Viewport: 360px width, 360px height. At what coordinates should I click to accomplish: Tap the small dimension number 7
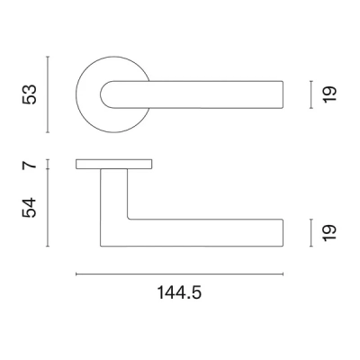[x=30, y=165]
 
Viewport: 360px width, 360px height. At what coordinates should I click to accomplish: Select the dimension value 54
[x=30, y=209]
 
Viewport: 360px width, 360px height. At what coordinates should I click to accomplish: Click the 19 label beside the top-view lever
[x=328, y=93]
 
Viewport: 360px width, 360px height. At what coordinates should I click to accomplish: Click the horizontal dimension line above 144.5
[x=180, y=274]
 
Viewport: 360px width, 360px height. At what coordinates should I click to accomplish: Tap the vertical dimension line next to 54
[x=47, y=209]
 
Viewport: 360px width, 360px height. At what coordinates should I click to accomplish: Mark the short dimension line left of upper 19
[x=310, y=93]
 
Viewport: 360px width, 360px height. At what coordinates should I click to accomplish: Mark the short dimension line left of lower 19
[x=310, y=231]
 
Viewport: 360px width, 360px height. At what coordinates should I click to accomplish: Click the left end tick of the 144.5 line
[x=76, y=274]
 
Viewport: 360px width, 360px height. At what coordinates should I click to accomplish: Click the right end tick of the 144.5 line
[x=285, y=274]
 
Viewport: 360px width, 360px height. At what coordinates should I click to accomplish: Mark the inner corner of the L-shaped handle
[x=129, y=219]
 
